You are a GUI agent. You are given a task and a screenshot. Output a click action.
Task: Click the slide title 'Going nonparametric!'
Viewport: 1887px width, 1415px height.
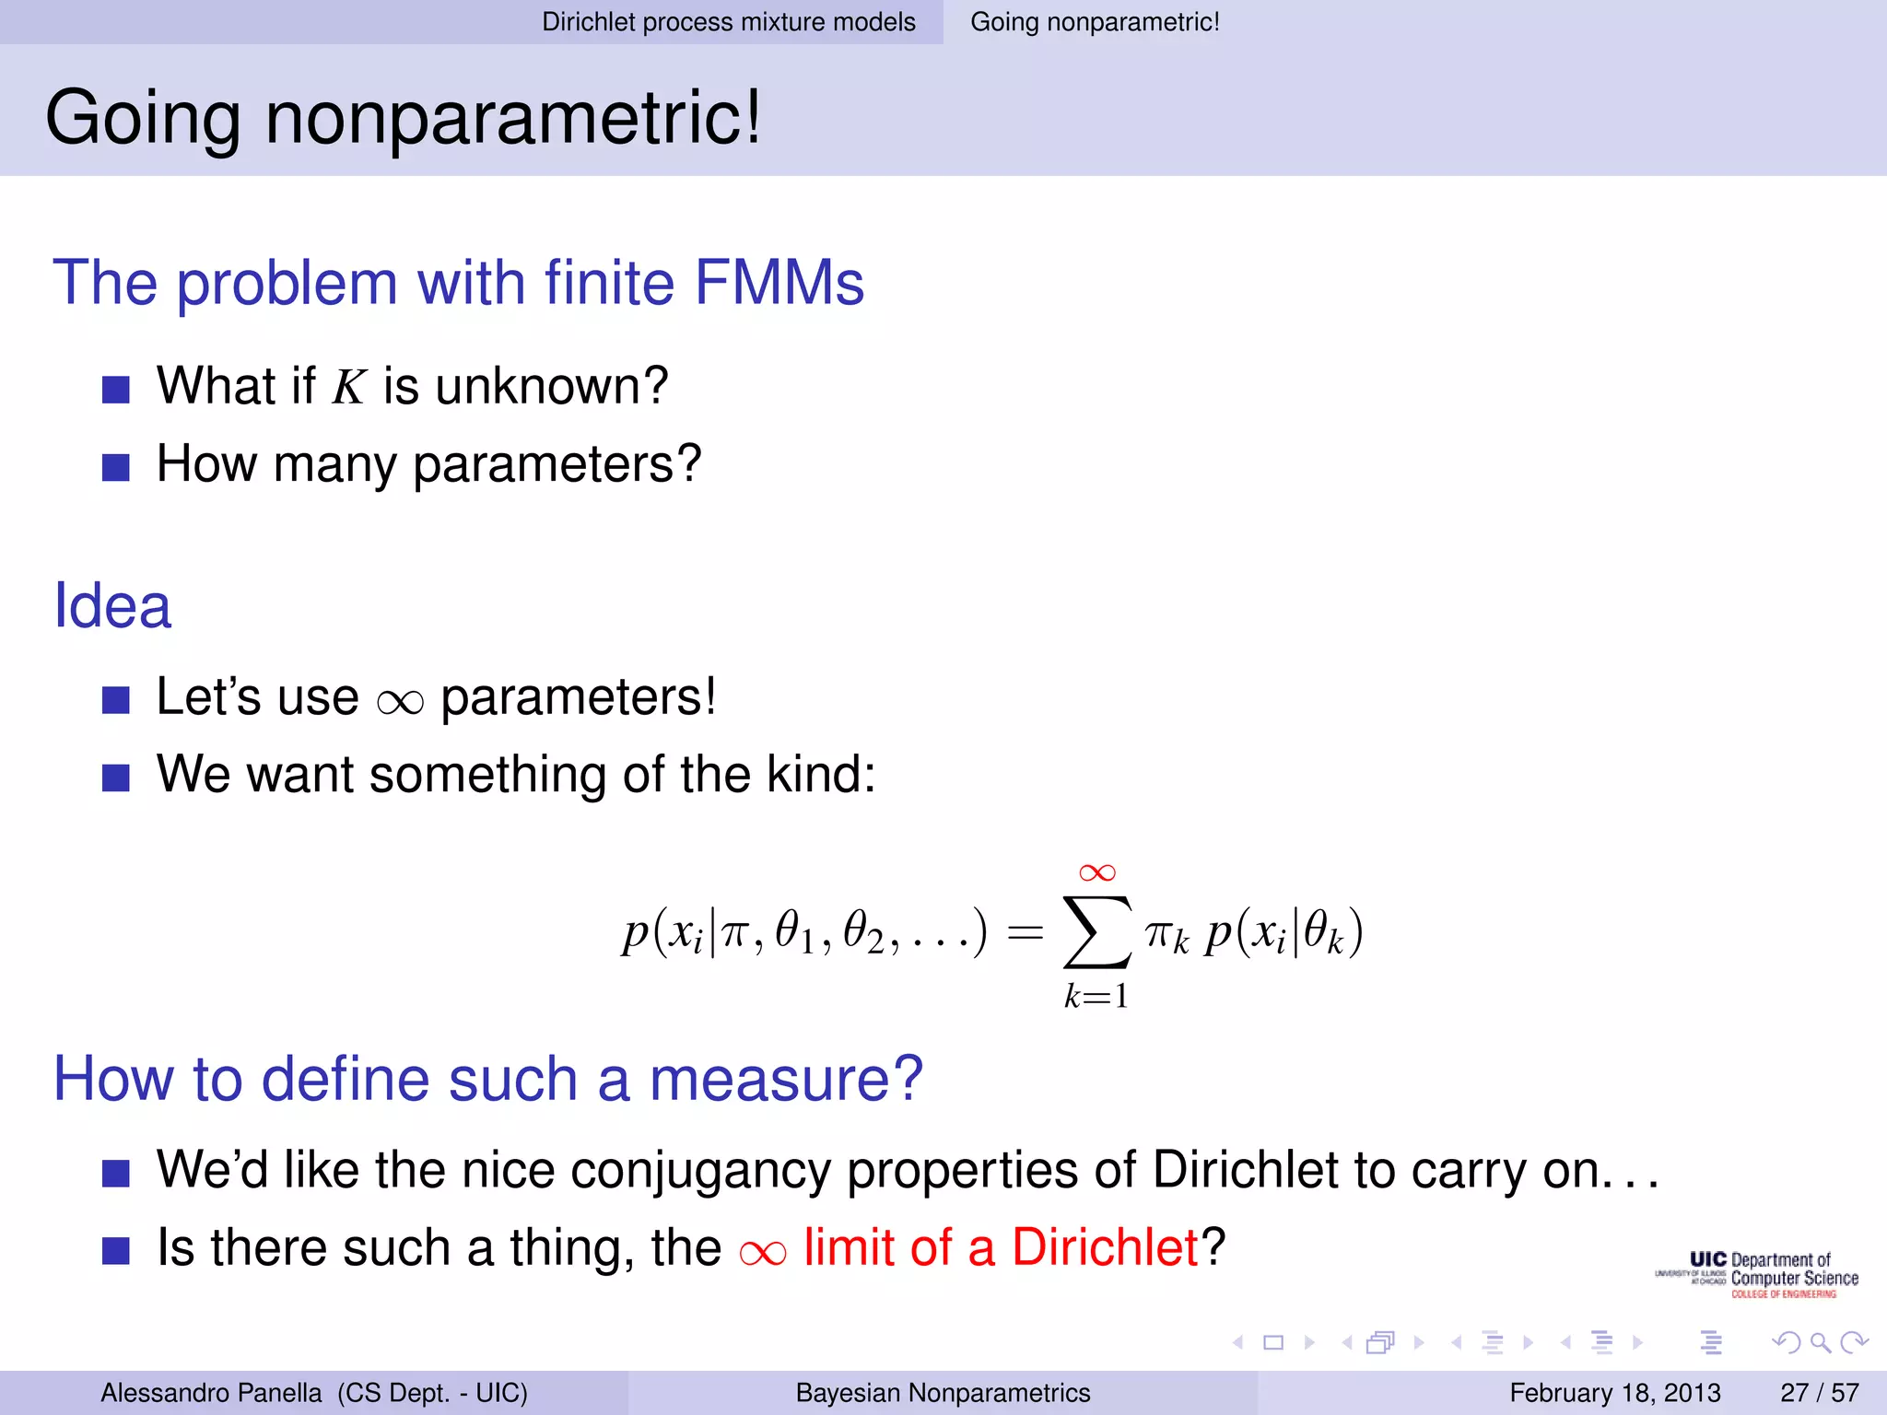pyautogui.click(x=404, y=117)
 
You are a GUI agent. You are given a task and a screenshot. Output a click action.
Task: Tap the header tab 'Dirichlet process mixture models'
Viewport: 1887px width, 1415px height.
pyautogui.click(x=728, y=22)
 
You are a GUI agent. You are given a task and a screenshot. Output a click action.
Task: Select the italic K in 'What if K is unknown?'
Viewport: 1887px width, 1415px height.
pyautogui.click(x=350, y=387)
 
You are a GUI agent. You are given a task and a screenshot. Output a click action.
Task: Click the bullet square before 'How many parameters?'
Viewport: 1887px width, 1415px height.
pyautogui.click(x=115, y=467)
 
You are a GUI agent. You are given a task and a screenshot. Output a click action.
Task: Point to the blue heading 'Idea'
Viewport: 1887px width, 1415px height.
pyautogui.click(x=112, y=606)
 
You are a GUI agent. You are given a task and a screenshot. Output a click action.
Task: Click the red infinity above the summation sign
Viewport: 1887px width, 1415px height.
pyautogui.click(x=1096, y=872)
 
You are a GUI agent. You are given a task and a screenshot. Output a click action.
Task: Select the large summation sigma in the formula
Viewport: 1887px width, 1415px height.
pyautogui.click(x=1096, y=932)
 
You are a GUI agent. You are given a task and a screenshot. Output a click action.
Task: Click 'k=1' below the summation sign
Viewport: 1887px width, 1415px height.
pyautogui.click(x=1096, y=997)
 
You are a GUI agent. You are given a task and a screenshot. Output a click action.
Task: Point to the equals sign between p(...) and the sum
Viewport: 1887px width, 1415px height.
pyautogui.click(x=1025, y=933)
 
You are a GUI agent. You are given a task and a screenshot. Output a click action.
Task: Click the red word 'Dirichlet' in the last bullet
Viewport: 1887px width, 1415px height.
pyautogui.click(x=1105, y=1247)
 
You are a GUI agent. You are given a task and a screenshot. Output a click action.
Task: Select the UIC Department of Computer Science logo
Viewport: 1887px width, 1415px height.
pyautogui.click(x=1758, y=1275)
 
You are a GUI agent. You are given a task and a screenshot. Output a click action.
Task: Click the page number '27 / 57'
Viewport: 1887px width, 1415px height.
pyautogui.click(x=1819, y=1393)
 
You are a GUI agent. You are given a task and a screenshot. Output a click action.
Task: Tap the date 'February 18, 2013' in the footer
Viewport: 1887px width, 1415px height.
pyautogui.click(x=1614, y=1393)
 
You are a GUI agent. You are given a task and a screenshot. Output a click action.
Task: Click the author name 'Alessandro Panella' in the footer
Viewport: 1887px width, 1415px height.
pyautogui.click(x=211, y=1393)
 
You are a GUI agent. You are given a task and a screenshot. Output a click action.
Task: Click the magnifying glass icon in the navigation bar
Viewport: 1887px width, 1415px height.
pyautogui.click(x=1820, y=1343)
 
